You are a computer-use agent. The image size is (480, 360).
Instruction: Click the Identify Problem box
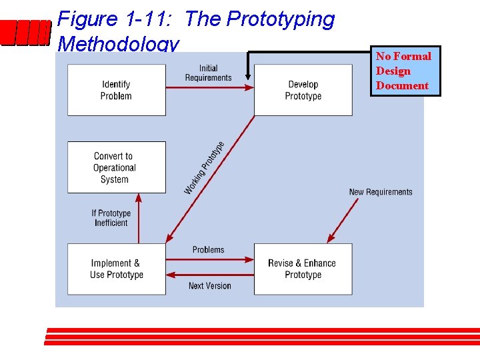(x=116, y=90)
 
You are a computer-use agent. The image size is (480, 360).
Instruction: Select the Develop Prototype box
(x=303, y=90)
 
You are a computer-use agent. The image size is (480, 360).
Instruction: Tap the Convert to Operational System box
(x=116, y=167)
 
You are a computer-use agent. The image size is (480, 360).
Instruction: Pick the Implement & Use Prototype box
(x=116, y=269)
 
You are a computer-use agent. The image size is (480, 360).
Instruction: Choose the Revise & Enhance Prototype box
(x=303, y=269)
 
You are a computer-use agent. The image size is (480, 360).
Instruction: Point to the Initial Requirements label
(x=208, y=73)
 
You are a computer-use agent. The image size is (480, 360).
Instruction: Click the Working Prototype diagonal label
(x=204, y=168)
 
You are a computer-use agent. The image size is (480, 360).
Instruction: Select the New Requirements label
(x=381, y=192)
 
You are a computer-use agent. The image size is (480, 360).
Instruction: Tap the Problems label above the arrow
(x=208, y=249)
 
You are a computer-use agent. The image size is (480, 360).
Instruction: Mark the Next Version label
(x=209, y=286)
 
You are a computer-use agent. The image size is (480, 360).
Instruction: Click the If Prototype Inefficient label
(x=111, y=218)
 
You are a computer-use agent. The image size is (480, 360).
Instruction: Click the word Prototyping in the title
(x=280, y=19)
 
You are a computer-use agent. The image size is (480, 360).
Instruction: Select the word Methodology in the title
(x=119, y=44)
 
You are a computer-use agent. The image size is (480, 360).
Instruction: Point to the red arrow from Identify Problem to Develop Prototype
(x=209, y=87)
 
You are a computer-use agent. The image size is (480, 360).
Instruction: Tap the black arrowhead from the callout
(x=248, y=82)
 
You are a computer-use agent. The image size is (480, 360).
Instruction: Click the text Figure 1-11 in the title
(x=117, y=19)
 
